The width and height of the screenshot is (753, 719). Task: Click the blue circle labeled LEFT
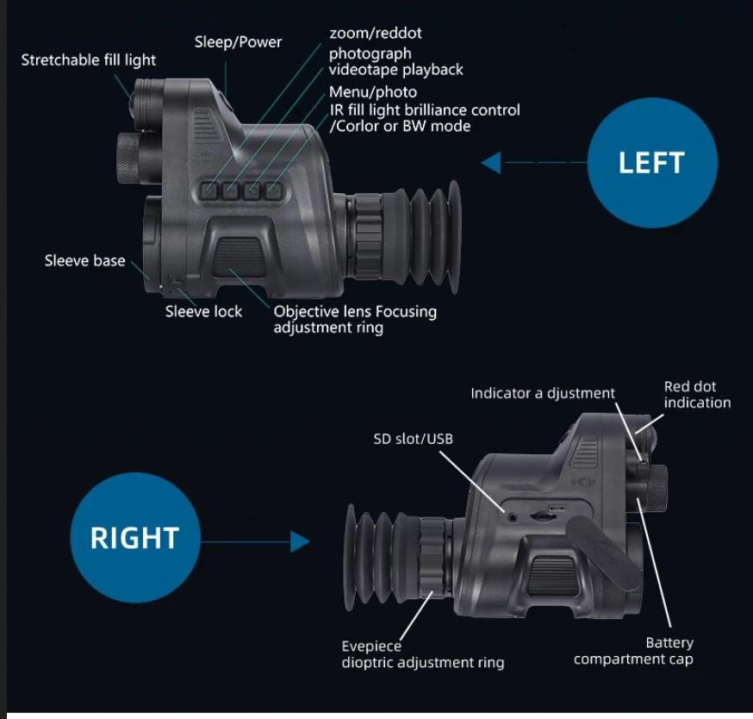pos(651,163)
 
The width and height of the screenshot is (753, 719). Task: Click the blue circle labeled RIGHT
pos(134,537)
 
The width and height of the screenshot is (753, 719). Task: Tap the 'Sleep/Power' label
pos(238,41)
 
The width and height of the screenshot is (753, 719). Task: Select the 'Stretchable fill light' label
pos(89,60)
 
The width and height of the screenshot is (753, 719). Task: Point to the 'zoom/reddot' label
pos(376,34)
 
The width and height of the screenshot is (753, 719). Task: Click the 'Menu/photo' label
pos(373,92)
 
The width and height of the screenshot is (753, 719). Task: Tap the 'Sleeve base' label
pos(84,260)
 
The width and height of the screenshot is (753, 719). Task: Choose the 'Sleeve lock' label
pos(204,311)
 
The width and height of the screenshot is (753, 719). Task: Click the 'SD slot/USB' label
pos(413,439)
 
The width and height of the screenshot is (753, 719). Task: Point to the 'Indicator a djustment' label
pos(543,393)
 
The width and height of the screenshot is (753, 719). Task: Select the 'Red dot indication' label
pos(697,395)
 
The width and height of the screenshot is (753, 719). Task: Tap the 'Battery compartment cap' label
pos(633,651)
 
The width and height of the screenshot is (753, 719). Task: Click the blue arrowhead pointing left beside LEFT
pos(491,162)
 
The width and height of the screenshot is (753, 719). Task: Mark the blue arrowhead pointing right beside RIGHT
pos(299,541)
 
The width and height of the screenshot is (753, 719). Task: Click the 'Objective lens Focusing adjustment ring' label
pos(355,319)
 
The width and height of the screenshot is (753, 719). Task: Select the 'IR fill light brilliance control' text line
pos(425,110)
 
